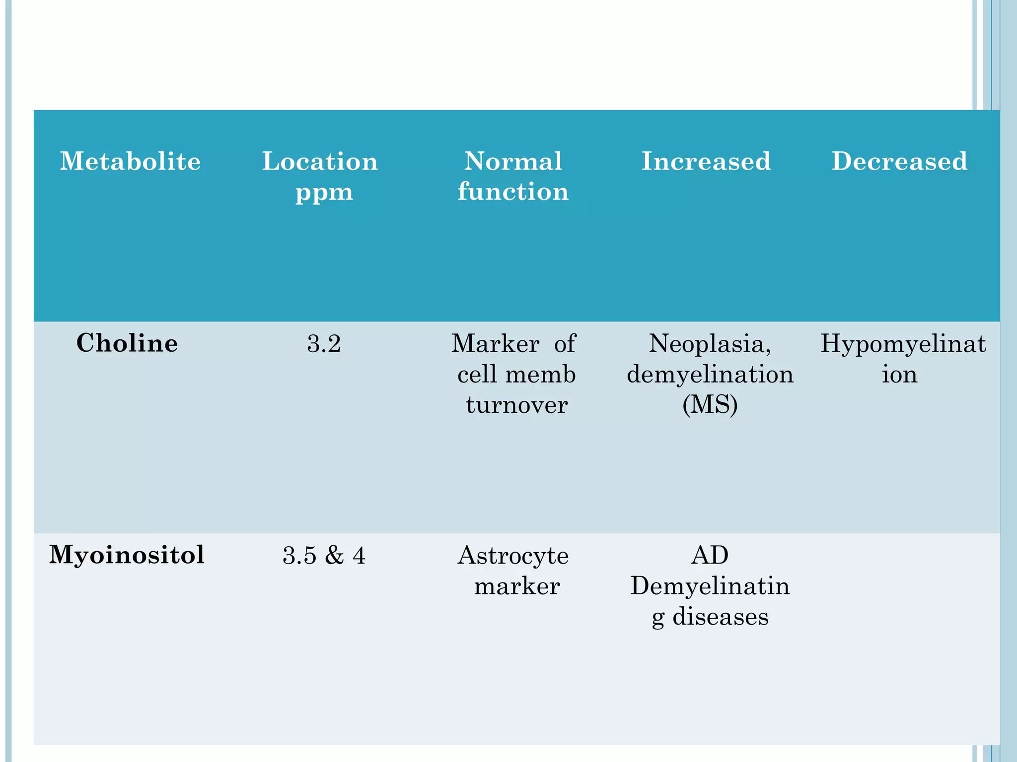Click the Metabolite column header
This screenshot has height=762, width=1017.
click(130, 161)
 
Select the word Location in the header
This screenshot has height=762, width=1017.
click(320, 161)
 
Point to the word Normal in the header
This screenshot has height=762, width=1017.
click(513, 161)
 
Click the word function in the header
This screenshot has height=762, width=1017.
click(513, 191)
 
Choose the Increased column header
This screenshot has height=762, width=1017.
click(706, 161)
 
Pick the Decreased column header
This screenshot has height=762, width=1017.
click(899, 161)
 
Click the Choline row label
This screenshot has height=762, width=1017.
click(127, 343)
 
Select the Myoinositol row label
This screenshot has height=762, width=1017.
click(127, 555)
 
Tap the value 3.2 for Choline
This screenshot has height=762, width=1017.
click(324, 344)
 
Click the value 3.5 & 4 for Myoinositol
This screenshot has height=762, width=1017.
click(324, 556)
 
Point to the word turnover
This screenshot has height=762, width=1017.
click(516, 405)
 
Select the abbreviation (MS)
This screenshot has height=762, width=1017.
click(710, 405)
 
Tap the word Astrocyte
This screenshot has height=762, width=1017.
click(513, 556)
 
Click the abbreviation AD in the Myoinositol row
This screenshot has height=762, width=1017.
click(710, 555)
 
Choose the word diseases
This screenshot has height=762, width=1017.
click(721, 617)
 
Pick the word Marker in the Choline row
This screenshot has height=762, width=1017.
click(495, 344)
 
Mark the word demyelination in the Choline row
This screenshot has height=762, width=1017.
click(710, 375)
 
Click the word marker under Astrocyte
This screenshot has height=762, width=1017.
click(517, 586)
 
